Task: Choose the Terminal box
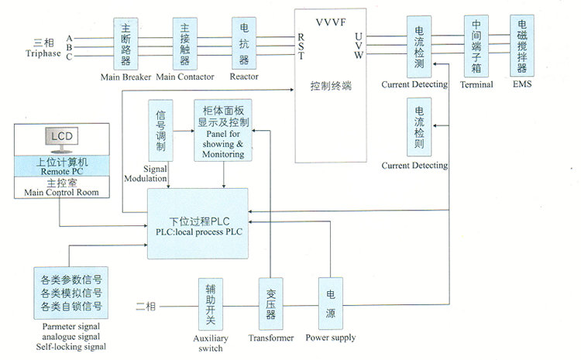click(x=476, y=45)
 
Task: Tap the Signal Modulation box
click(x=160, y=129)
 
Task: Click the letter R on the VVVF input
click(x=301, y=36)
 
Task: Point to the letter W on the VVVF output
click(x=358, y=54)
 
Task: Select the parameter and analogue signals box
click(x=70, y=293)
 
